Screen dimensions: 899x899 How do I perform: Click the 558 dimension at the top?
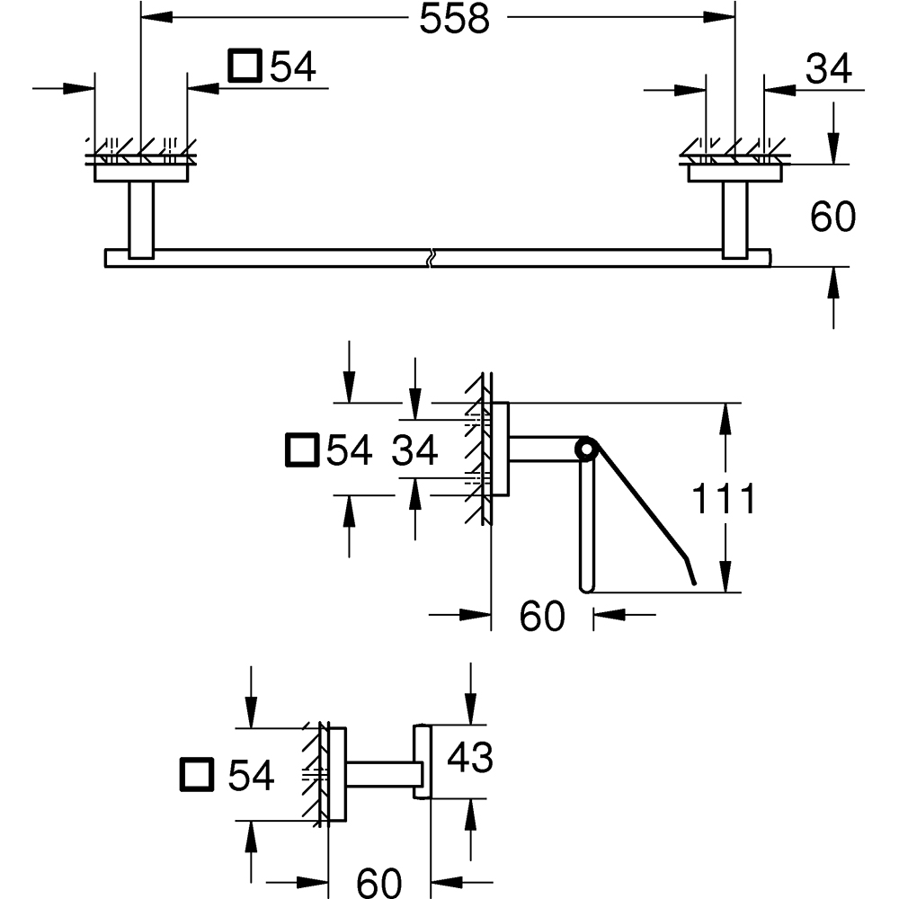tap(454, 19)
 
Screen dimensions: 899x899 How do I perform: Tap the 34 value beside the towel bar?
tap(828, 69)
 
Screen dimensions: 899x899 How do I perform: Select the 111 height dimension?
tap(725, 498)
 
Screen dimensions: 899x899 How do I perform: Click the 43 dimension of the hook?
tap(470, 758)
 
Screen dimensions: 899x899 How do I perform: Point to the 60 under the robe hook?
tap(378, 882)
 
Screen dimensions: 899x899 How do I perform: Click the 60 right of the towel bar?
tap(832, 217)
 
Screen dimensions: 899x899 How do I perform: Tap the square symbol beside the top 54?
tap(245, 66)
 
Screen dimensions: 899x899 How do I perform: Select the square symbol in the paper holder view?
tap(301, 450)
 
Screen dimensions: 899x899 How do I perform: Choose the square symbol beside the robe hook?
tap(197, 775)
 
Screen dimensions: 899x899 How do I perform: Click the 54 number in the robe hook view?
tap(250, 775)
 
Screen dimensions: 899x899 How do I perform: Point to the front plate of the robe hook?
tap(423, 761)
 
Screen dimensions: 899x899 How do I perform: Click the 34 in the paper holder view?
tap(414, 450)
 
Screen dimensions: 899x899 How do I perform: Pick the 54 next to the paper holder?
tap(349, 450)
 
